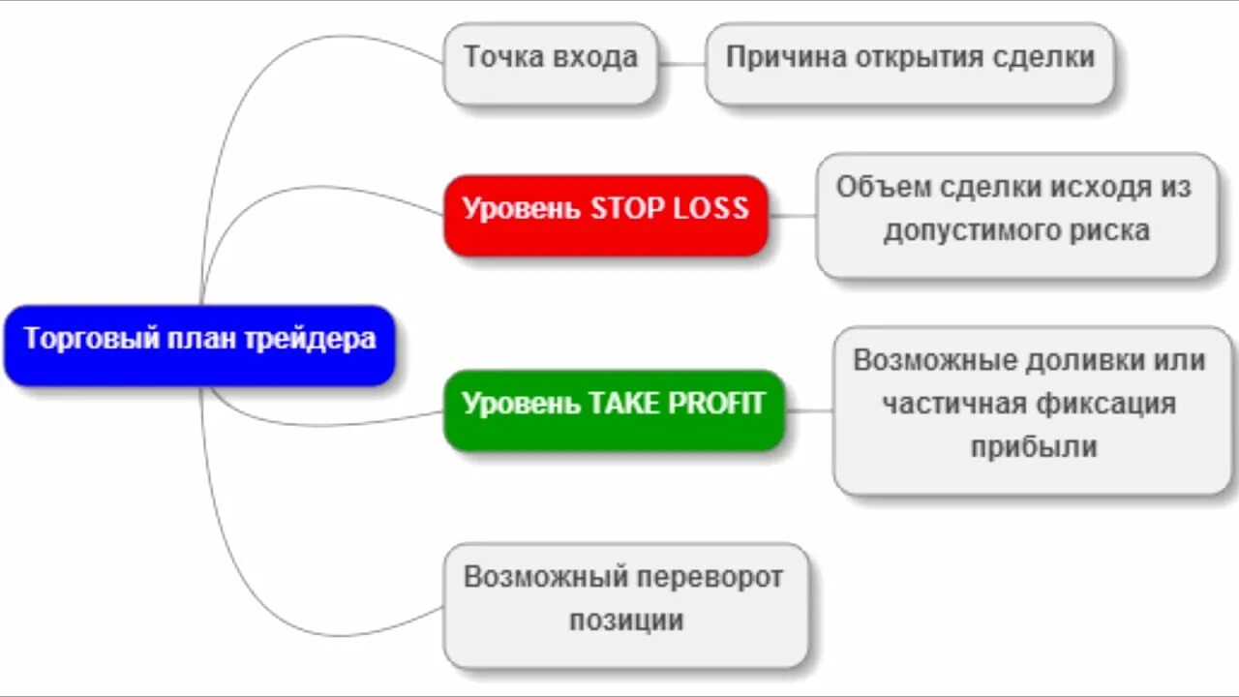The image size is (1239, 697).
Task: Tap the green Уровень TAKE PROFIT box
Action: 614,409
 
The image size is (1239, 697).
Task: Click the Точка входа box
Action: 550,63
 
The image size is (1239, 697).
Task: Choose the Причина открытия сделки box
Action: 910,63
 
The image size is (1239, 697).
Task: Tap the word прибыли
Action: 1034,447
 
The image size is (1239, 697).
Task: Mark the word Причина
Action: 785,57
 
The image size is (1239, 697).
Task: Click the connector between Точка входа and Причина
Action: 681,64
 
